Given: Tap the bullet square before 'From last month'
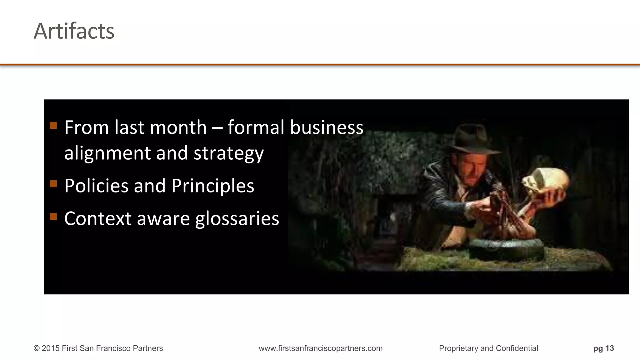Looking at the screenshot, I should coord(53,126).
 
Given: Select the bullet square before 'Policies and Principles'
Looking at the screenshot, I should coord(53,184).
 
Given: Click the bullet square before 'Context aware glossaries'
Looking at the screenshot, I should coord(53,217).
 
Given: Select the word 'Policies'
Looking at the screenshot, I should coord(96,186).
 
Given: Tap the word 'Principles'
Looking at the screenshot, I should coord(212,186).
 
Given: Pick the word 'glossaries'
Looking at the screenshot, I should coord(237,219).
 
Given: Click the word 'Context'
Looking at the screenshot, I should coord(98,218).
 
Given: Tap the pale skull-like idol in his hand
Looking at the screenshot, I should coord(546,182).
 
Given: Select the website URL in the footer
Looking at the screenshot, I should coord(320,348).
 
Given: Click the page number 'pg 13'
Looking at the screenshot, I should coord(603,348).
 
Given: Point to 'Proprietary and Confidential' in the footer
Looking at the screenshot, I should coord(488,348).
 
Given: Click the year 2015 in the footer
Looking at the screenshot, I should coord(51,348).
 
